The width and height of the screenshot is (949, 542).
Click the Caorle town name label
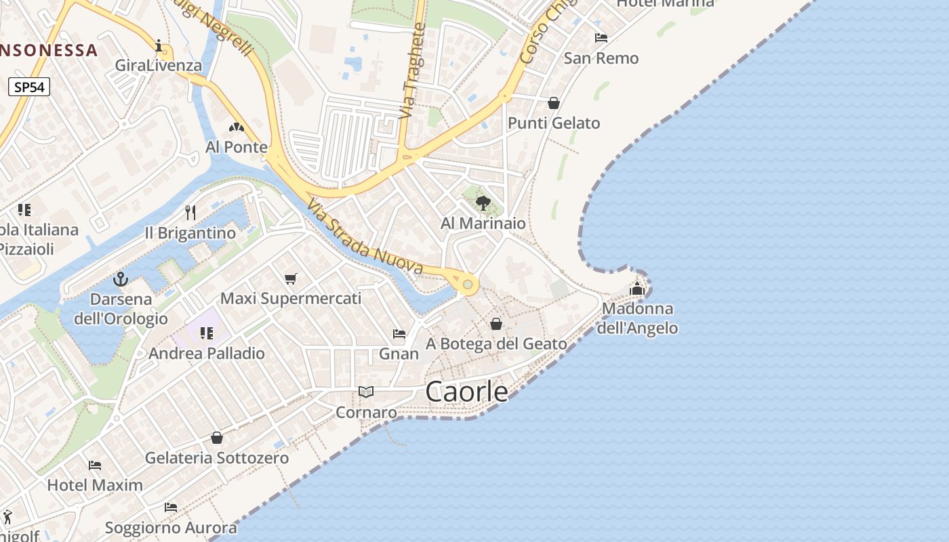(467, 392)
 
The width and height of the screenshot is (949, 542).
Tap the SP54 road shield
(30, 87)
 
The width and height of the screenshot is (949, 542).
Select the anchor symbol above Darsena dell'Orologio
(121, 278)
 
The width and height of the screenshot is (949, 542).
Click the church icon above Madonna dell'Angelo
(637, 289)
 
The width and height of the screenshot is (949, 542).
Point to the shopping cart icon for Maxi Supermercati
(291, 278)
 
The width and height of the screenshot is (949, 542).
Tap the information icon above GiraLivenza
(159, 46)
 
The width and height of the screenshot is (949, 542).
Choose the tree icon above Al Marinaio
(483, 203)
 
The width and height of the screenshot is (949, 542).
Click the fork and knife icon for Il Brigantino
(190, 213)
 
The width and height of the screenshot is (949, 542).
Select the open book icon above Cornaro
(366, 392)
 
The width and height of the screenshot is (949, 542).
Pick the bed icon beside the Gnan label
(399, 333)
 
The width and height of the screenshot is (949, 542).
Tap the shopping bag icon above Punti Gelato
(554, 103)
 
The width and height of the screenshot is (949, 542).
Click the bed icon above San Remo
(601, 38)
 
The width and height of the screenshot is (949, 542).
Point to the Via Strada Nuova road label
(365, 237)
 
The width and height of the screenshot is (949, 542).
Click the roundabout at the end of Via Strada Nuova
(467, 284)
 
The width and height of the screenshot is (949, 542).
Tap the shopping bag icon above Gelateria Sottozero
(217, 438)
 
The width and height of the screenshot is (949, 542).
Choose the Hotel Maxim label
(95, 485)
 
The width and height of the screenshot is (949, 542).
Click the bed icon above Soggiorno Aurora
(171, 507)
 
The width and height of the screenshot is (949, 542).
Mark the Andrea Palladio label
(207, 353)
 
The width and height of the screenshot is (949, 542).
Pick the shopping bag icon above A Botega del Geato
(496, 324)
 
